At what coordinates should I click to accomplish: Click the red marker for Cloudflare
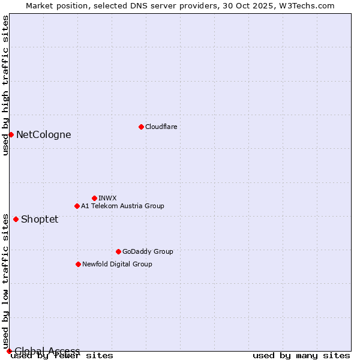141,127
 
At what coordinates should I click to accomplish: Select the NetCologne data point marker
11,134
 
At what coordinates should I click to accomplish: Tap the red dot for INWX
94,198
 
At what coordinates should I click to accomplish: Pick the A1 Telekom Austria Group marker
77,206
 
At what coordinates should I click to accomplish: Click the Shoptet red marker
16,219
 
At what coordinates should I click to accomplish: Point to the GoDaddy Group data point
118,251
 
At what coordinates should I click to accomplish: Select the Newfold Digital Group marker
78,264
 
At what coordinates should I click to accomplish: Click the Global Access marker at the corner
9,351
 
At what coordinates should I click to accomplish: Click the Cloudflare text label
161,127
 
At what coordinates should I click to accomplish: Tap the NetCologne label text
43,134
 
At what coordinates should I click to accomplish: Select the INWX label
107,198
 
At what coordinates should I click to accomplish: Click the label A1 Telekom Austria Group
122,206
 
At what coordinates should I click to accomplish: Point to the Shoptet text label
40,219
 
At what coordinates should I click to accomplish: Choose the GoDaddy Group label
148,251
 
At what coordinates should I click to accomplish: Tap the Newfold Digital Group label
117,264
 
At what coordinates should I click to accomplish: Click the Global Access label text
47,351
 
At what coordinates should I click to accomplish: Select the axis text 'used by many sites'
301,355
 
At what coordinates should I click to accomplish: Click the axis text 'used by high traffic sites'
5,85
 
